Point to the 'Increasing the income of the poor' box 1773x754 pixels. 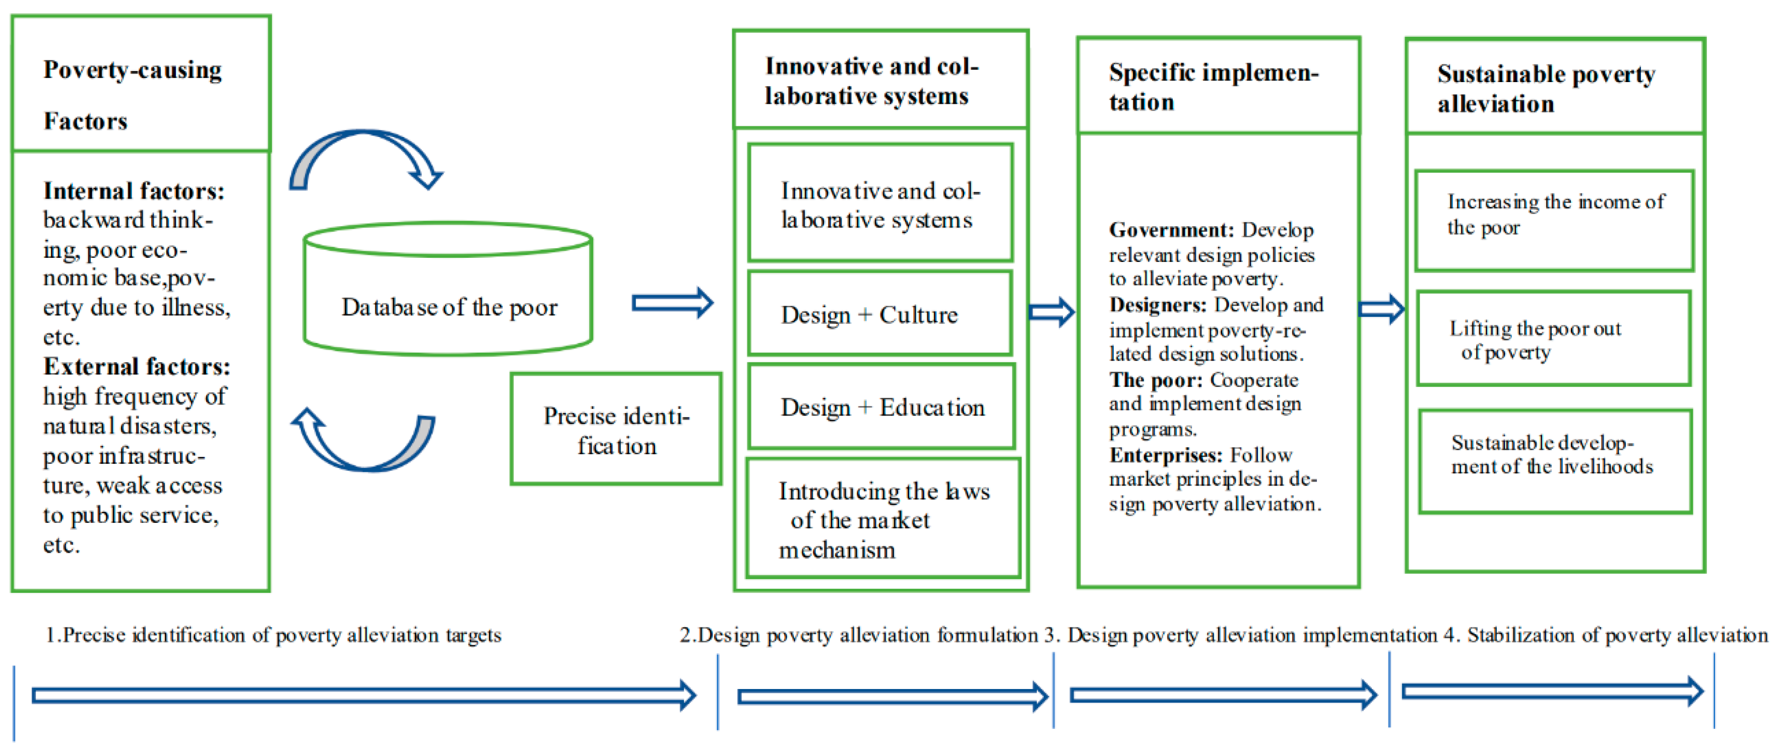point(1554,220)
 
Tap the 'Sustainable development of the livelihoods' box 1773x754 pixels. point(1555,461)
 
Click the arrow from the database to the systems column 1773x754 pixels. point(672,303)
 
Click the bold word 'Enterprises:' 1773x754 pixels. point(1165,455)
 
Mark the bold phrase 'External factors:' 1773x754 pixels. point(136,367)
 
